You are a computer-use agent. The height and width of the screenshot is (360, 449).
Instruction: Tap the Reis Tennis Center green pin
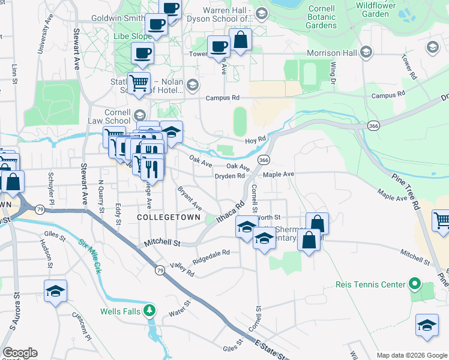click(x=414, y=283)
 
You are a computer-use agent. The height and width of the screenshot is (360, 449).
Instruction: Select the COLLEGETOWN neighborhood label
click(x=164, y=217)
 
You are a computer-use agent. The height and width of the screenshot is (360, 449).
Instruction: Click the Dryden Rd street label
click(x=230, y=176)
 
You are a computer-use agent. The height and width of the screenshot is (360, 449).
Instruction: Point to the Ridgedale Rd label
click(x=211, y=257)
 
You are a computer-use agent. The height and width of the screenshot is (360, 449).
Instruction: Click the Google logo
click(x=20, y=353)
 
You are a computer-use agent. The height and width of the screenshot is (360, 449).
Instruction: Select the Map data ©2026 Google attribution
click(x=411, y=355)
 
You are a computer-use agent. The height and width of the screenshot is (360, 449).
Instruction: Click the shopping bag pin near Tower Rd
click(x=240, y=40)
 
